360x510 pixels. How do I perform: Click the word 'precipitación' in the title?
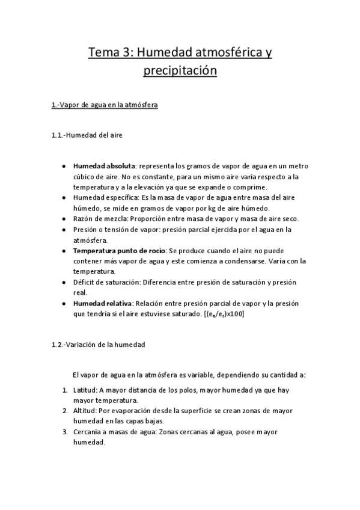[x=180, y=72]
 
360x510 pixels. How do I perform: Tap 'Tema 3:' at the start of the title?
[x=111, y=53]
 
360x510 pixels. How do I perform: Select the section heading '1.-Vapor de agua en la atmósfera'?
[x=105, y=105]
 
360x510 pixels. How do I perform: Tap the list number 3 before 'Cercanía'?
[x=65, y=432]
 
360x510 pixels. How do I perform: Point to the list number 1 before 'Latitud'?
[x=65, y=390]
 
